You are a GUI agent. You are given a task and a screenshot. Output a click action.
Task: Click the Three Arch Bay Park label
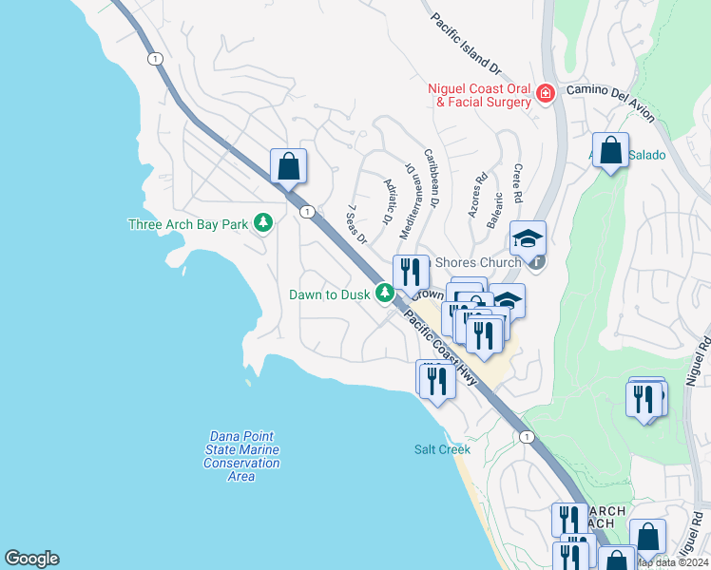tap(188, 225)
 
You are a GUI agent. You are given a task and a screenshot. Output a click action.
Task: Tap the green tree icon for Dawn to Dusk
tap(384, 294)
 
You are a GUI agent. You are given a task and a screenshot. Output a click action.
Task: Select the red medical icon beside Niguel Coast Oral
tap(545, 93)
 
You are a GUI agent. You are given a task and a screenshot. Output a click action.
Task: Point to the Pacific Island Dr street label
tap(465, 44)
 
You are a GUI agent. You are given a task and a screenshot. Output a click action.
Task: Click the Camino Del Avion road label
tap(610, 102)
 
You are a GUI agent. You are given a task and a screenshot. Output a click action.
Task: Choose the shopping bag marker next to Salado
tap(610, 151)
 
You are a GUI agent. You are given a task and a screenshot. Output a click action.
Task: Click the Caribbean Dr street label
tap(432, 178)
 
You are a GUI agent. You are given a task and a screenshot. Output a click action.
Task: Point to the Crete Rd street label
tap(518, 183)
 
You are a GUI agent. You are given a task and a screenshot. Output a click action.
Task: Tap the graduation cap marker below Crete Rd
tap(528, 237)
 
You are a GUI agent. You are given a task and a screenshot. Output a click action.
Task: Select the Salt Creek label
tap(442, 449)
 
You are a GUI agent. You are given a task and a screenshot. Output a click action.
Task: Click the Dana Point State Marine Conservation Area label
tap(241, 456)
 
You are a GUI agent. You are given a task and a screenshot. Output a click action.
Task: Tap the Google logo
tap(31, 559)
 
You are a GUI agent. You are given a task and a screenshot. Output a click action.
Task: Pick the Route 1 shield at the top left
tap(153, 59)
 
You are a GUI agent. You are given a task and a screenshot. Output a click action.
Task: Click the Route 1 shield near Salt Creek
tap(526, 435)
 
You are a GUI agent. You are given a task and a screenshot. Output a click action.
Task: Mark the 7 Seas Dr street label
tap(356, 224)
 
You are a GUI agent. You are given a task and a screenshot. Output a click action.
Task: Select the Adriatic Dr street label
tap(388, 201)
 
